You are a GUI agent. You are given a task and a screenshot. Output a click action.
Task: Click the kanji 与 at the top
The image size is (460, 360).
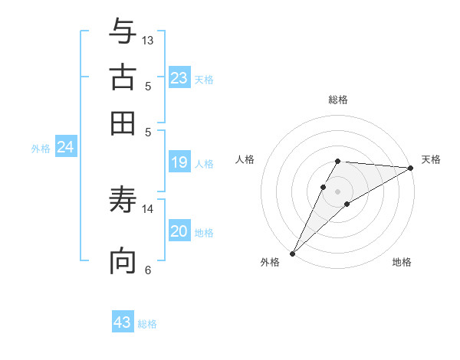point(123,31)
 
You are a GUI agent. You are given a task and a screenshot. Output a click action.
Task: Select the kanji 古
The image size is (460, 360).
point(123,77)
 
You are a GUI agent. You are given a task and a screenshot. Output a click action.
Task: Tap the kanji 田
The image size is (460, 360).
point(123,123)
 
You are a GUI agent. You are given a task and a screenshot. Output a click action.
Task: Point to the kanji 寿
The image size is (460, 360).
point(123,201)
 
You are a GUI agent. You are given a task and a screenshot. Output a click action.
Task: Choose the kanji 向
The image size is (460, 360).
point(123,261)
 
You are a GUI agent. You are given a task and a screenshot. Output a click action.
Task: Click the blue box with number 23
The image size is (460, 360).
point(179,78)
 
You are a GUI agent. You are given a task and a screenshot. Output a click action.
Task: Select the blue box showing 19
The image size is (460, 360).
point(179,162)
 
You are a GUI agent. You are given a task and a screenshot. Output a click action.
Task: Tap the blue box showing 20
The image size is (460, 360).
point(179,231)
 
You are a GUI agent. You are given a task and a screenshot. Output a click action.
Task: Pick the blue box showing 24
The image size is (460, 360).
point(65,147)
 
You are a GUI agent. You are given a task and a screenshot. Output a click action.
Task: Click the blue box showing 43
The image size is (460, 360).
point(123,322)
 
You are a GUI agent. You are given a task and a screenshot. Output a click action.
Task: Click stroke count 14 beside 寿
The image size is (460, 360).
point(148,208)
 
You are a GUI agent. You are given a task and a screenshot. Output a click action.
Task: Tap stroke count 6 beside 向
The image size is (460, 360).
point(148,270)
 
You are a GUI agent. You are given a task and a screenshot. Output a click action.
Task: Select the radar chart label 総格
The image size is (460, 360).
point(338,100)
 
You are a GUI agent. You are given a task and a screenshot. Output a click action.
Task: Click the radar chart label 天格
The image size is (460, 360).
point(431,159)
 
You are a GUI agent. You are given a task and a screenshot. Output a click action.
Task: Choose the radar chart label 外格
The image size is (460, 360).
point(270,262)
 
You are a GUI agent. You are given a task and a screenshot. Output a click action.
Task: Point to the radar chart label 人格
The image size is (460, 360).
point(245,159)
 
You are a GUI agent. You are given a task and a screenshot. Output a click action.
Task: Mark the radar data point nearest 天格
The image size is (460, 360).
point(410,168)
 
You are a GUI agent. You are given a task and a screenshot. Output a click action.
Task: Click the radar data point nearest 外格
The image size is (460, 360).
point(293,253)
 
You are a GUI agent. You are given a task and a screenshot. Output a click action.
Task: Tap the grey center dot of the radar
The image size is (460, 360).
point(338,191)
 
